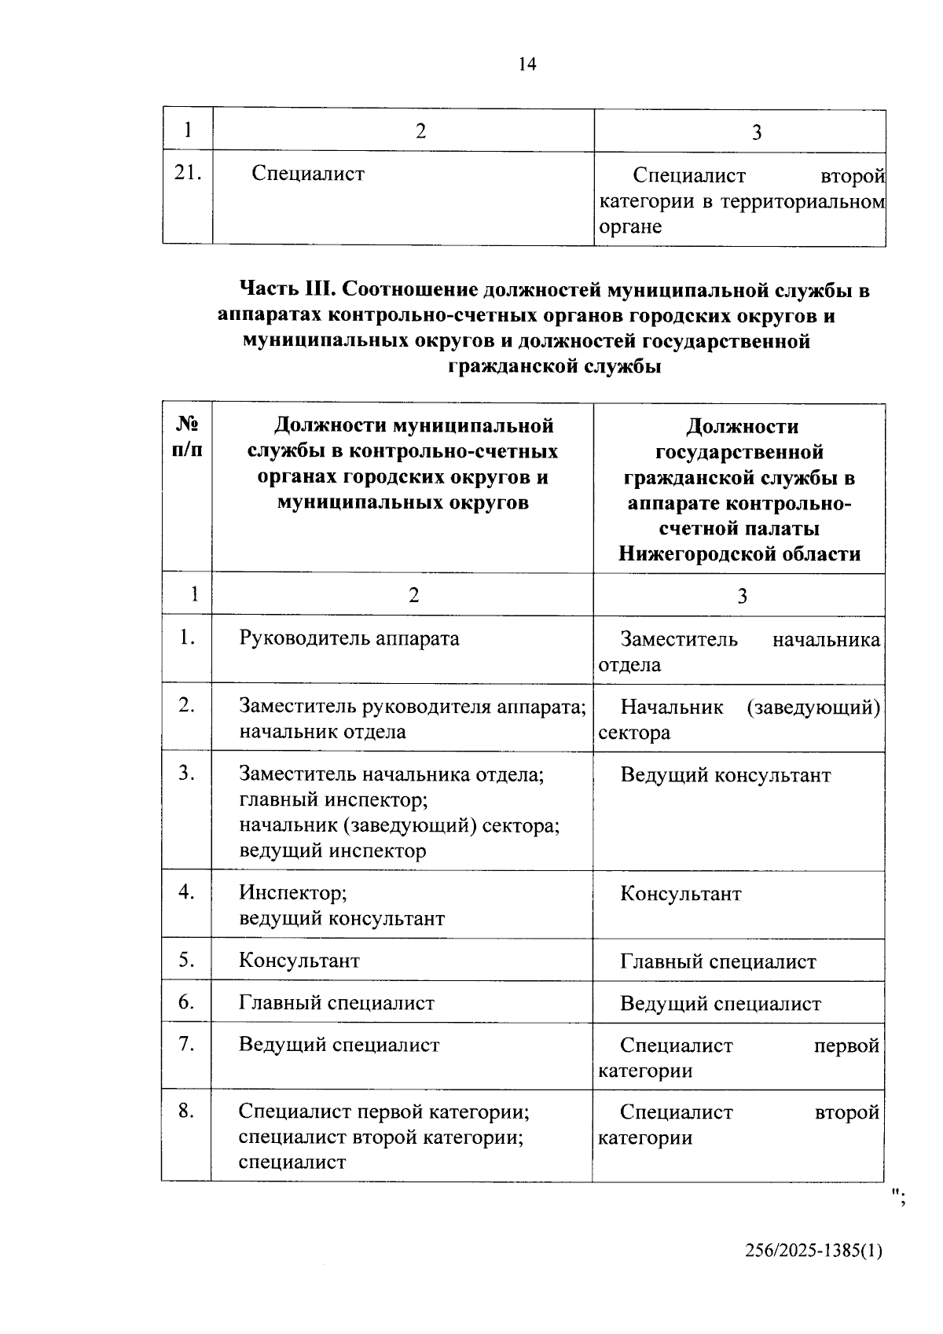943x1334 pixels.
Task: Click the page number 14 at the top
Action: click(x=527, y=65)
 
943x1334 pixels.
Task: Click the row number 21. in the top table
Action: click(x=188, y=173)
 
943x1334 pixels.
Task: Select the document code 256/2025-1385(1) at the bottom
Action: click(x=813, y=1251)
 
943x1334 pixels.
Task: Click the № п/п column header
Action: click(x=187, y=438)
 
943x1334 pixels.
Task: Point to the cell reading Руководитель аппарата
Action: click(x=349, y=638)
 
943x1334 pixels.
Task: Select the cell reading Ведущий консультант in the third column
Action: click(x=725, y=776)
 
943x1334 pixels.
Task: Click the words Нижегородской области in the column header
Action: click(x=739, y=553)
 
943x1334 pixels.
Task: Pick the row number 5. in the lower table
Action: click(x=186, y=960)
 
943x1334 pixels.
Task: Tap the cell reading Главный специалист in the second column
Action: click(x=336, y=1003)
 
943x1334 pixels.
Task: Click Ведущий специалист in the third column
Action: click(x=720, y=1004)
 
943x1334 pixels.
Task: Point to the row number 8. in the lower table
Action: click(x=186, y=1112)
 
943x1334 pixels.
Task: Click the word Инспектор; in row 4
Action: click(x=292, y=893)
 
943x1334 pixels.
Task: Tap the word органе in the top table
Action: click(x=630, y=227)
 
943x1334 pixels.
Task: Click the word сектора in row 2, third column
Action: click(x=634, y=733)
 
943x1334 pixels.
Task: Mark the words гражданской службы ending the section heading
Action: click(x=554, y=366)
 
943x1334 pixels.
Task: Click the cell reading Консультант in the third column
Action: click(x=681, y=895)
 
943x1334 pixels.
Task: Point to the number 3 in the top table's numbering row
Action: click(x=757, y=132)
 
